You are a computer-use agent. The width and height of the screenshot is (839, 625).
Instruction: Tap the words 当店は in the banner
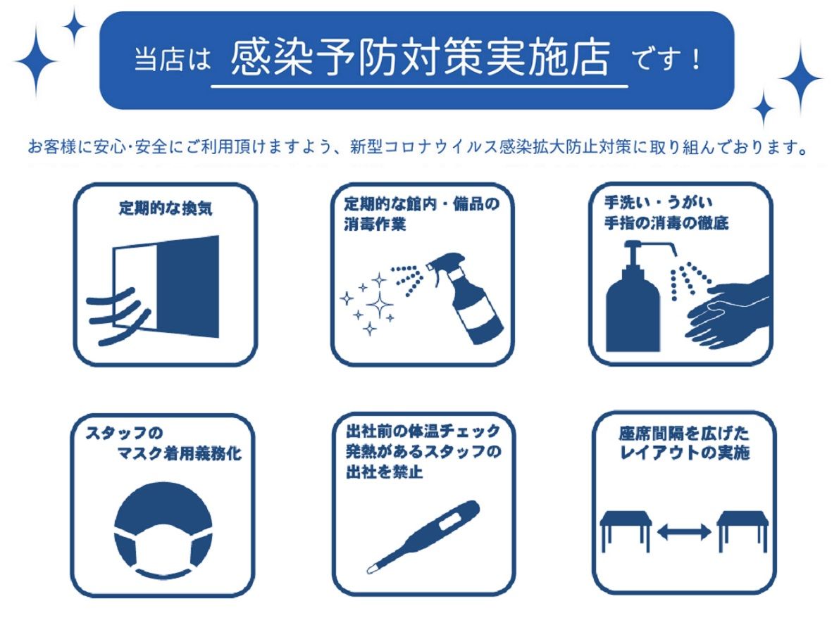tap(173, 59)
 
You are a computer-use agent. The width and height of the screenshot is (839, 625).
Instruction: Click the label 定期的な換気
tap(166, 208)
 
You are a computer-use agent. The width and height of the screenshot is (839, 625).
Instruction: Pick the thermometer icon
tap(423, 537)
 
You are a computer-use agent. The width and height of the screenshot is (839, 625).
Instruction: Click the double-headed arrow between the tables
tap(684, 531)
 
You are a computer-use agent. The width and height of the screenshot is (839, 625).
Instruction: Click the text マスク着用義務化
tap(179, 454)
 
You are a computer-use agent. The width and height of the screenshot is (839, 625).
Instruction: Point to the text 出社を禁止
tap(384, 472)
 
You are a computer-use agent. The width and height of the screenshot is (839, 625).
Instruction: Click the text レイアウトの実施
tap(684, 453)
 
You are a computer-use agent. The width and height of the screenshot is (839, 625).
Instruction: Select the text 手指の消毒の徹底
tap(666, 222)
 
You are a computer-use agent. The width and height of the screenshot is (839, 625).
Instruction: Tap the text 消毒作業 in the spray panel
tap(375, 224)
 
